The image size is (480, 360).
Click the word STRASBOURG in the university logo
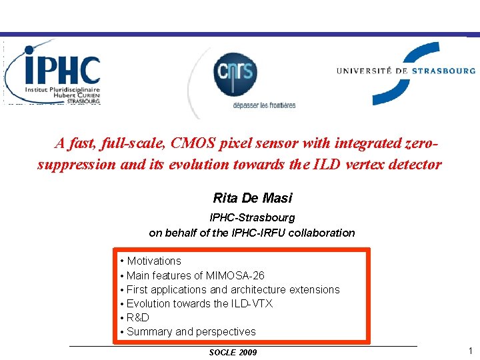coord(443,70)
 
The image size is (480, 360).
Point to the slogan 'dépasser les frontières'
coord(264,105)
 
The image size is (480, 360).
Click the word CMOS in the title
coord(194,143)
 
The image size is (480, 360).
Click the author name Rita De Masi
coord(252,198)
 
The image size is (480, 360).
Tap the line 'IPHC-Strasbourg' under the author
coord(252,217)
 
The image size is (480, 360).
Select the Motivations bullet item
coord(153,261)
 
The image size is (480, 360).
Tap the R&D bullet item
coord(137,317)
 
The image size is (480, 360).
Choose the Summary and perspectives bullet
coord(191,331)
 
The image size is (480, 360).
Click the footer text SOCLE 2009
coord(233,352)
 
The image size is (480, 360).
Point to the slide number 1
coord(470,351)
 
